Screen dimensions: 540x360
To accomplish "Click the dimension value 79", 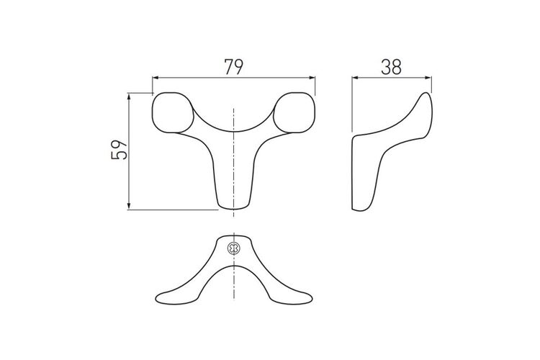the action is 234,67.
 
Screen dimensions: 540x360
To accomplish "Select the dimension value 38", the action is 391,67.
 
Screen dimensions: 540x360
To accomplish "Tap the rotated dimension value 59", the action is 120,150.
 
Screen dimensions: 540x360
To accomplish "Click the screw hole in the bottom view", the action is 234,248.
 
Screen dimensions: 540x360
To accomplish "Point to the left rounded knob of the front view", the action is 173,112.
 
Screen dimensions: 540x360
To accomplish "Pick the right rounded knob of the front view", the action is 294,112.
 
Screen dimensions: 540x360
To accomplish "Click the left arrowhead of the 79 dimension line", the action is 155,78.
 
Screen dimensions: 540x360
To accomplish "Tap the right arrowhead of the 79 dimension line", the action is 312,78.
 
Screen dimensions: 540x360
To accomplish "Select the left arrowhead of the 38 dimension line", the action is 355,78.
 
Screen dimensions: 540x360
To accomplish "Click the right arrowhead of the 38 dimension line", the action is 428,78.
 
